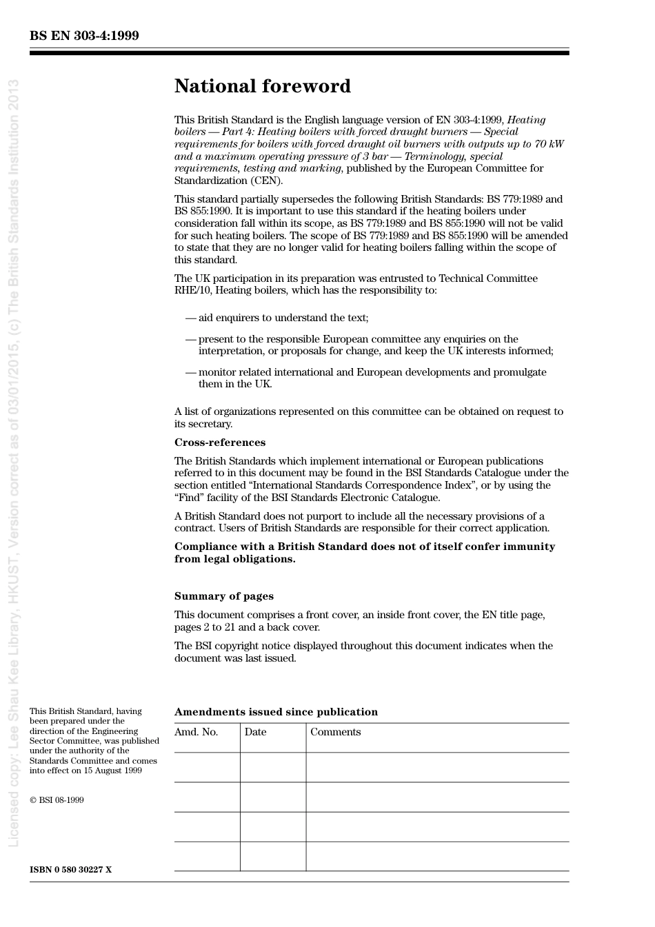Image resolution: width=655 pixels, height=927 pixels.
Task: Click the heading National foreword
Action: [x=262, y=86]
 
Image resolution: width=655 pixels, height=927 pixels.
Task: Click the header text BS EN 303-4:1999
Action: [x=84, y=35]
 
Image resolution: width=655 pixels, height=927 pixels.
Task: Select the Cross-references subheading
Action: [x=219, y=442]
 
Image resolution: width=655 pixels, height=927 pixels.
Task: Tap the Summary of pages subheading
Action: [x=223, y=596]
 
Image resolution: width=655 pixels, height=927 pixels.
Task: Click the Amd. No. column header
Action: [x=196, y=732]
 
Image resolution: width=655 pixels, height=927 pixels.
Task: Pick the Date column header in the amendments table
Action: [x=255, y=732]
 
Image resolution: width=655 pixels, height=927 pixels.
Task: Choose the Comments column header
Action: [x=335, y=732]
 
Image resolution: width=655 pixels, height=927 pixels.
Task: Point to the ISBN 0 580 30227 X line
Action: [x=70, y=870]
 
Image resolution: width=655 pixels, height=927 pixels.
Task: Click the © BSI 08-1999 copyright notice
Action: [x=57, y=800]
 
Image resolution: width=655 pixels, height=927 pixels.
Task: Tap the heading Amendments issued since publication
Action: [x=276, y=712]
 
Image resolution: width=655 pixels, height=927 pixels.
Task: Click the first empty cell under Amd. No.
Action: [x=207, y=767]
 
